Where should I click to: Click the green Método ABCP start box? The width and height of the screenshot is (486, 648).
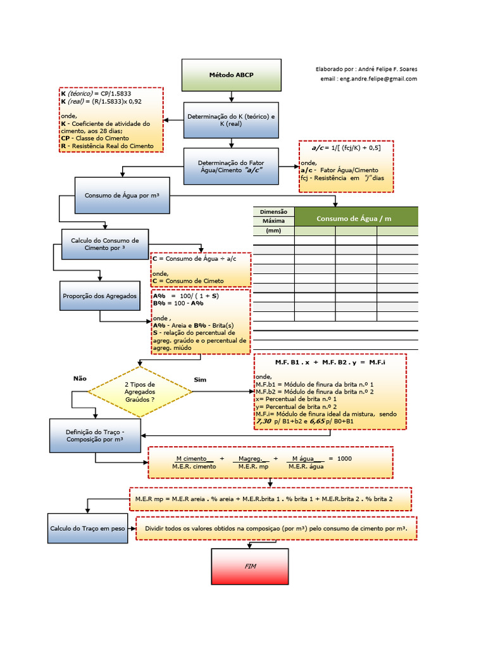[x=231, y=75]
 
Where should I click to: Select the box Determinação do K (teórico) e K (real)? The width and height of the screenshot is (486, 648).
[x=231, y=120]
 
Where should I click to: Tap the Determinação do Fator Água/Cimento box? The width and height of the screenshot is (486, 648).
[x=231, y=166]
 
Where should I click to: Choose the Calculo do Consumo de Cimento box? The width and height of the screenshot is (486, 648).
[x=105, y=244]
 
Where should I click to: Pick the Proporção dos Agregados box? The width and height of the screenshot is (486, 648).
[x=100, y=296]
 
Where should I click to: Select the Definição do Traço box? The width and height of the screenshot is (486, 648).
[x=95, y=435]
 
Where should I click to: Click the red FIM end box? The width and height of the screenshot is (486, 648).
[x=249, y=566]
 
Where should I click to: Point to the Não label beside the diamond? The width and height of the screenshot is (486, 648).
[x=80, y=378]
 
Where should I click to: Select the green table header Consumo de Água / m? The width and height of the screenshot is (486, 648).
[x=356, y=218]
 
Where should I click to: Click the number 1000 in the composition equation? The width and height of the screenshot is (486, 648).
[x=344, y=458]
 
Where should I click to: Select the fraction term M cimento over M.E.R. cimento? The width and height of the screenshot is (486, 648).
[x=195, y=462]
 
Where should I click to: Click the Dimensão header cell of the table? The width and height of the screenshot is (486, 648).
[x=273, y=211]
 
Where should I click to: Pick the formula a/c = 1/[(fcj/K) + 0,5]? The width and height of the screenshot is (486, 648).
[x=346, y=147]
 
